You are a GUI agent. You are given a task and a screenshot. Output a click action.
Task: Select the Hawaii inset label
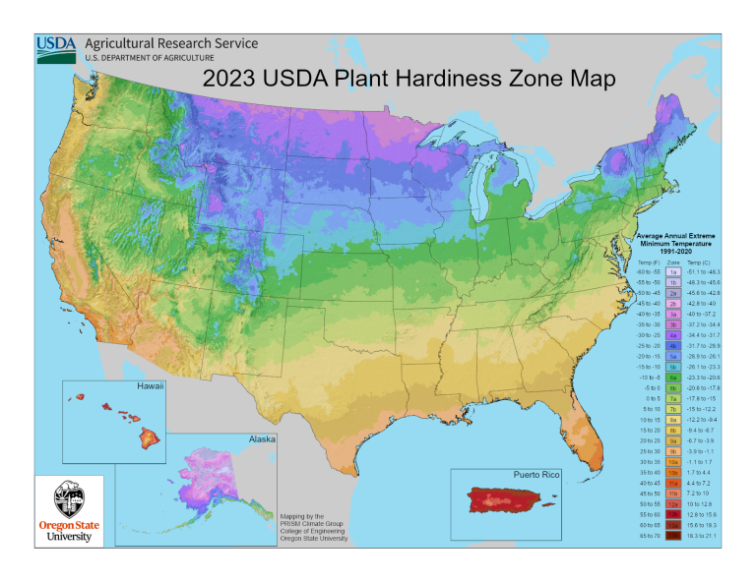pos(151,387)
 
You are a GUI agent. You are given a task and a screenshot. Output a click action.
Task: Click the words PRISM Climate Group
pos(312,523)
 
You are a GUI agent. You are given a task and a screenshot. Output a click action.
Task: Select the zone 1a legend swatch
pos(673,270)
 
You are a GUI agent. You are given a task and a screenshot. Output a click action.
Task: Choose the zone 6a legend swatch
pos(673,377)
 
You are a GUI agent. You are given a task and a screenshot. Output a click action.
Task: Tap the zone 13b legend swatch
pos(673,537)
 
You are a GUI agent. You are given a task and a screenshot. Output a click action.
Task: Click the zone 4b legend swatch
pos(673,346)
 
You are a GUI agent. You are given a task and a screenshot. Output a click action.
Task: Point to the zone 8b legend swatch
pos(673,430)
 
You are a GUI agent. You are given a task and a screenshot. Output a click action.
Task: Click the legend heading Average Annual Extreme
pos(678,237)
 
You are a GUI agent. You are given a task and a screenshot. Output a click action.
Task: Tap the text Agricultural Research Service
pos(172,43)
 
